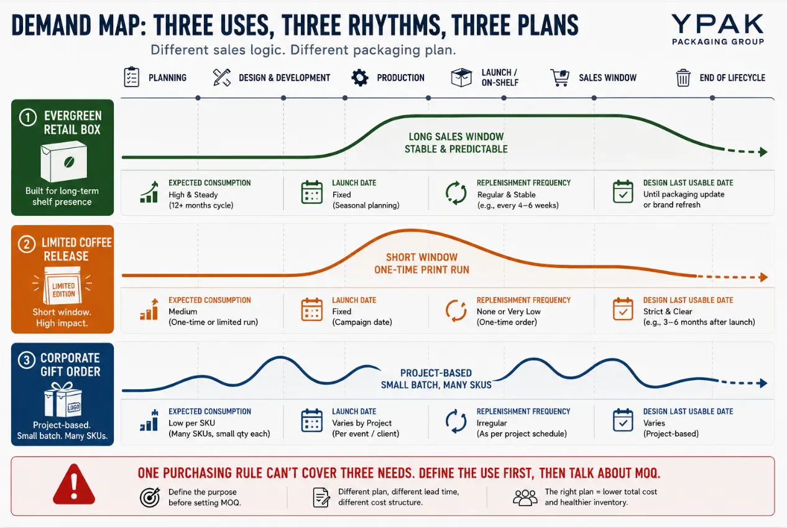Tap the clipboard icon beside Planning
click(x=131, y=76)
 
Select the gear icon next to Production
click(x=360, y=78)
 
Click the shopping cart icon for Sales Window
click(x=559, y=77)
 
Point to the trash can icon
click(x=683, y=78)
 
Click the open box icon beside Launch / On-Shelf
click(x=461, y=77)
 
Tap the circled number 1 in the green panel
click(x=28, y=118)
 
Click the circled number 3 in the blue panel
click(x=27, y=360)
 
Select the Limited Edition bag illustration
click(x=63, y=285)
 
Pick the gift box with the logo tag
click(x=63, y=400)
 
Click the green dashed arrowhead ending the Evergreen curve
click(x=763, y=152)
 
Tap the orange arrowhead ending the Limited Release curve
click(x=763, y=277)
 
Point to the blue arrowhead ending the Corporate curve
click(x=763, y=383)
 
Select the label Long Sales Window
click(x=456, y=136)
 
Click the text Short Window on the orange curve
click(x=421, y=257)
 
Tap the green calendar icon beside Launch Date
click(x=311, y=192)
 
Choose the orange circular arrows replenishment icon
click(x=456, y=310)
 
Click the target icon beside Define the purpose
click(x=150, y=497)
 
